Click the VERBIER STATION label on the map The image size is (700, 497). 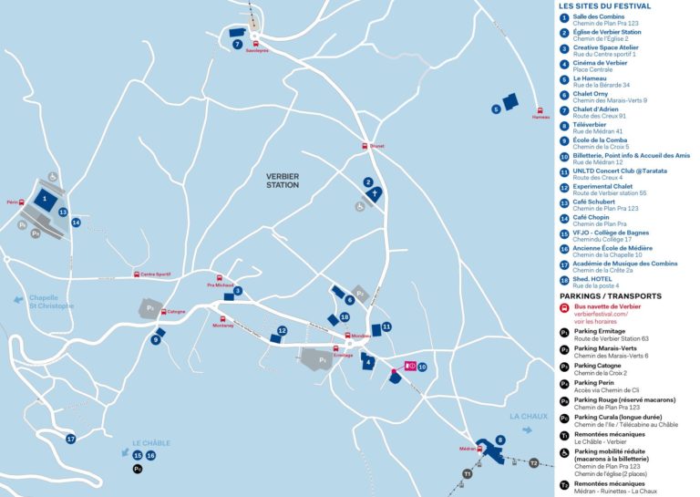coord(283,180)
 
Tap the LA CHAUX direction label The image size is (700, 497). coord(529,417)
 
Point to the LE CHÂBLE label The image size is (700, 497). coord(151,443)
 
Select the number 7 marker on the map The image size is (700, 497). coord(237,44)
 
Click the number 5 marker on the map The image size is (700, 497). coord(496,109)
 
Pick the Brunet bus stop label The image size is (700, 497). coord(376,146)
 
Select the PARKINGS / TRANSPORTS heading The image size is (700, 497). coord(610,296)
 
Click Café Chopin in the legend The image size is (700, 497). coord(592,218)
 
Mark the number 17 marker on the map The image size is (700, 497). coord(70,439)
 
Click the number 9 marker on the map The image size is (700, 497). coord(157,340)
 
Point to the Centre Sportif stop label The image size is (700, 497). coord(155,274)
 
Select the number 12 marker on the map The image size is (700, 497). coord(283,330)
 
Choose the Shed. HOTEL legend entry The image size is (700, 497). coord(593,279)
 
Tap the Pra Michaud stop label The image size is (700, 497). coord(221,285)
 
